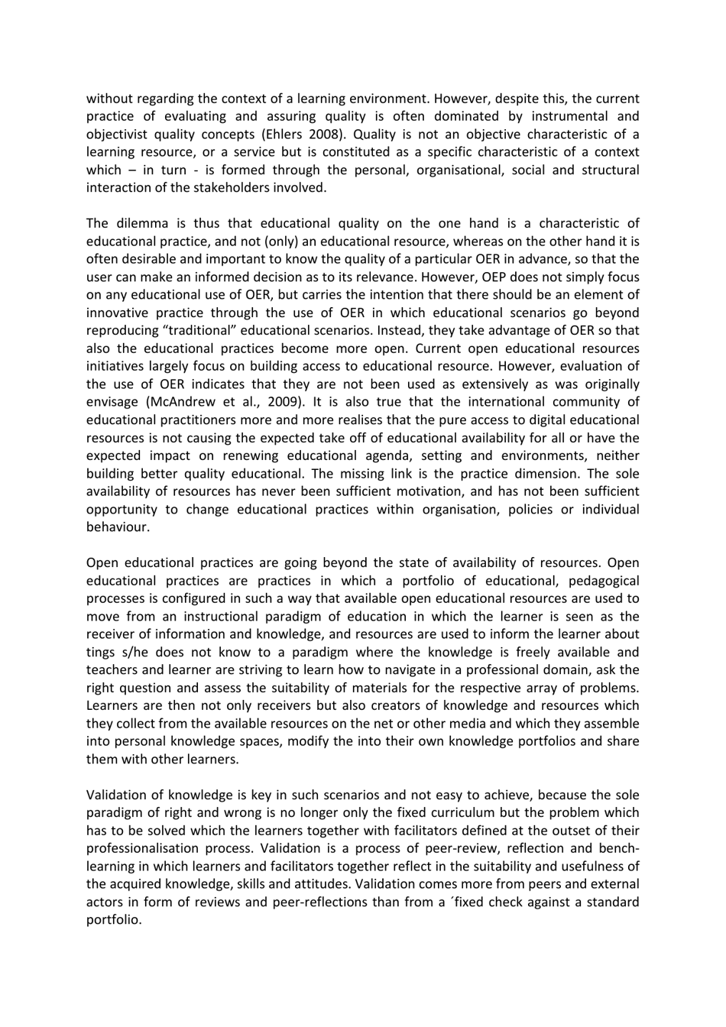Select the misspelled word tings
pos(99,652)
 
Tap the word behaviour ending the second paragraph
pos(118,526)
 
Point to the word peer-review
pos(434,848)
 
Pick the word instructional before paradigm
pos(216,616)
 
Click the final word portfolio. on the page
pos(114,919)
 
